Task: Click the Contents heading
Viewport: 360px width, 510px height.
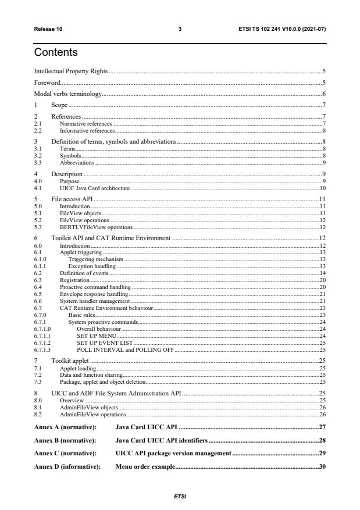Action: tap(56, 53)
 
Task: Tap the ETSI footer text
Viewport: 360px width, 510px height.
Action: tap(180, 497)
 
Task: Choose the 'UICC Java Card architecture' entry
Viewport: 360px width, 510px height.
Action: tap(95, 189)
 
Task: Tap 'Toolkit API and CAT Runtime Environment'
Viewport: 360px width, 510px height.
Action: tap(111, 238)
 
